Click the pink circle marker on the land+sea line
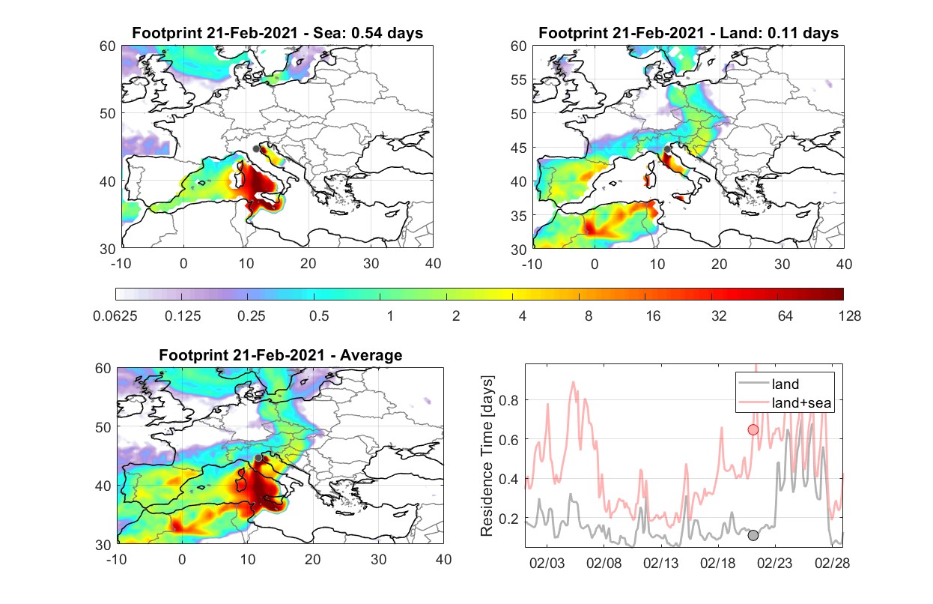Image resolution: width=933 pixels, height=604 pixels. [753, 429]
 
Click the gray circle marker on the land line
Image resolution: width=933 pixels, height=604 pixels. [753, 535]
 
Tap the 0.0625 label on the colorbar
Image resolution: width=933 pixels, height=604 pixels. [115, 316]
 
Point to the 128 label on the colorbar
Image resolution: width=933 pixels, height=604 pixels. [849, 316]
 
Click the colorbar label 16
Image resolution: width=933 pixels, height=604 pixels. [653, 316]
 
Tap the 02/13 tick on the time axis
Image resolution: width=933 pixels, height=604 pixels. [660, 563]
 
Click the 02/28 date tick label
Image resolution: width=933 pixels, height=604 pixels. [832, 563]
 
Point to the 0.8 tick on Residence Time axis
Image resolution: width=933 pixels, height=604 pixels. [508, 400]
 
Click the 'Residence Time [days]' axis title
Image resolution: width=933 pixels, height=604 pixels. [487, 456]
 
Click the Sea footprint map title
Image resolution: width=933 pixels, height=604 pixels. [277, 33]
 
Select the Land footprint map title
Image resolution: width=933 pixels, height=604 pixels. [688, 33]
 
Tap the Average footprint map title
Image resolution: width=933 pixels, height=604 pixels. [280, 355]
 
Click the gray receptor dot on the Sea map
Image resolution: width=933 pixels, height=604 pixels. [256, 149]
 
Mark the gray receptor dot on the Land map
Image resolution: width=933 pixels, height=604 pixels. [667, 149]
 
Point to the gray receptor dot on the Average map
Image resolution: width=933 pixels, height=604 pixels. [258, 458]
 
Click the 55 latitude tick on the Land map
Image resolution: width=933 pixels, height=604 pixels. [518, 79]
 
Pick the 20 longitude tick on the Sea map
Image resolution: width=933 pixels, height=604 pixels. [309, 264]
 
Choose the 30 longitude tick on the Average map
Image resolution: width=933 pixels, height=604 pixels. [378, 559]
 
